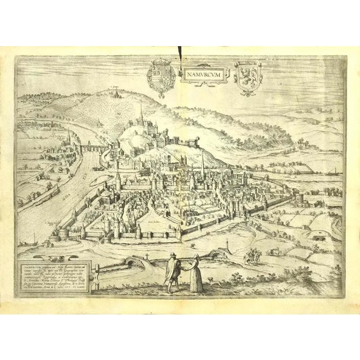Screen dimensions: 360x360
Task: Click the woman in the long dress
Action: (196, 273)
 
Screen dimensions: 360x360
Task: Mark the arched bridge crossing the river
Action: (91, 149)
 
